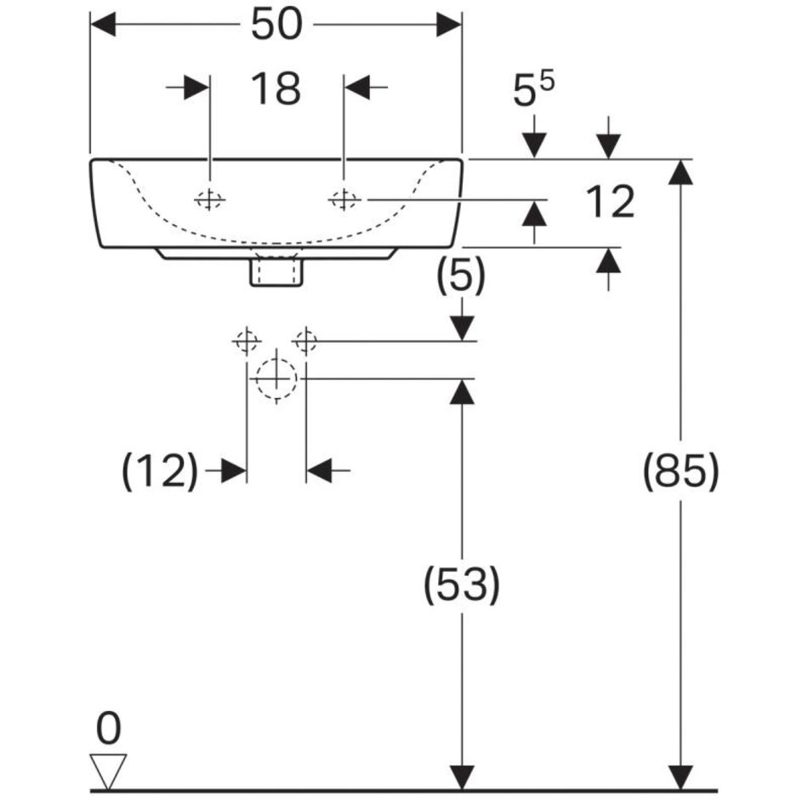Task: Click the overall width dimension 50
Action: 276,25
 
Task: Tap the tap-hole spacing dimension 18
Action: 276,88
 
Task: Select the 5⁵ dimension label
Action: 533,92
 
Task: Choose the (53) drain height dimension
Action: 461,585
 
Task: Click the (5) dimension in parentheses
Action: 461,277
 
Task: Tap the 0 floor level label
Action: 109,730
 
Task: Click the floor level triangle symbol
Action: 109,771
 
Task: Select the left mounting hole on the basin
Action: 208,200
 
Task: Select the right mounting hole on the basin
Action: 344,200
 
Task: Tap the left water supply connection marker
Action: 246,341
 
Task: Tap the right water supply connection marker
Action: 305,341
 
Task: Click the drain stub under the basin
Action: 276,271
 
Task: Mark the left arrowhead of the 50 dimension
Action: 102,25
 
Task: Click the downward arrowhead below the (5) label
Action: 461,327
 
